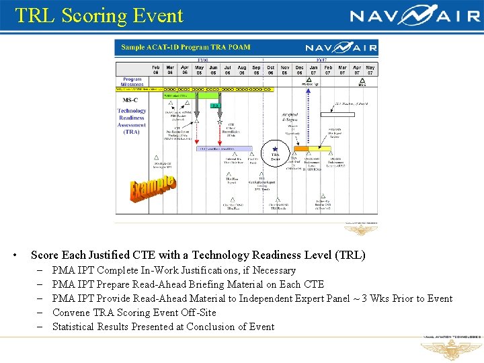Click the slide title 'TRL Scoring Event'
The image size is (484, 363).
[x=99, y=15]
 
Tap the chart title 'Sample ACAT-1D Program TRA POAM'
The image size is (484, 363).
[x=185, y=47]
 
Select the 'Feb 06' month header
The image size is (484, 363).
[x=155, y=70]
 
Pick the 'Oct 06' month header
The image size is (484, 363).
[x=270, y=70]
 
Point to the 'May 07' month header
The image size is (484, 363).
[x=370, y=70]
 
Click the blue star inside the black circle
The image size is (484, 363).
[x=275, y=149]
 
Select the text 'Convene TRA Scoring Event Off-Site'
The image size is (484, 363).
[x=134, y=313]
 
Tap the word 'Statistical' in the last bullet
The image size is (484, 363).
[x=75, y=327]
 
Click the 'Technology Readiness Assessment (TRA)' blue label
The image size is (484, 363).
[x=131, y=121]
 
